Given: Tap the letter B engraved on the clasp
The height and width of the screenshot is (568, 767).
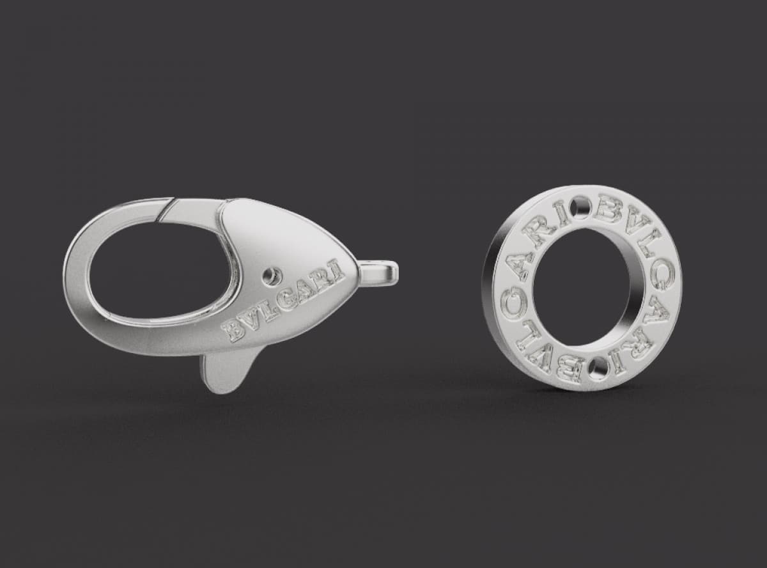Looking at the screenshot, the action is [x=234, y=331].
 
